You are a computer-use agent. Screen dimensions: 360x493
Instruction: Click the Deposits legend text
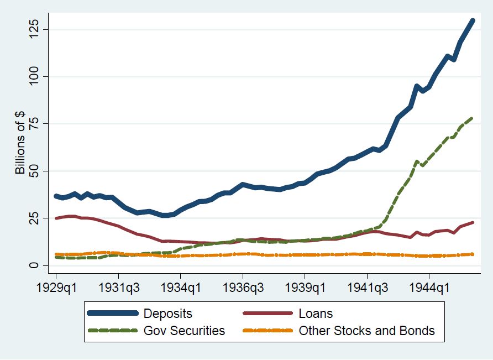167,314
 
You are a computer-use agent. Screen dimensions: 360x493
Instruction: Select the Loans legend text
316,314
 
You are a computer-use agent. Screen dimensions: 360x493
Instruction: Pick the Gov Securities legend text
184,331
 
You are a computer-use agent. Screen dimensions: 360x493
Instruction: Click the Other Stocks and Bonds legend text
366,331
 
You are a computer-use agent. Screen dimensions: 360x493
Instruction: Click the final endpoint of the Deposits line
473,20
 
